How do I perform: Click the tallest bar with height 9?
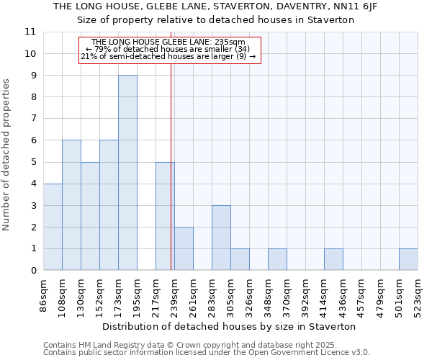(127, 173)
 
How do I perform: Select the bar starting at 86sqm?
(53, 227)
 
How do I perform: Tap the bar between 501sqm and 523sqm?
(408, 259)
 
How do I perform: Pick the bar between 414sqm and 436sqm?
(333, 259)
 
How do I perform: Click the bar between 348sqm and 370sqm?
(277, 259)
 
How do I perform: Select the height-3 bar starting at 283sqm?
(221, 238)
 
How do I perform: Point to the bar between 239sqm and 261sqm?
(184, 248)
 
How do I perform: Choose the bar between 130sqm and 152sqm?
(90, 216)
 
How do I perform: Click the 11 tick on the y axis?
(30, 32)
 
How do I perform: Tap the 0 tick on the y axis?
(33, 271)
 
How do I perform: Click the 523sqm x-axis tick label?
(418, 294)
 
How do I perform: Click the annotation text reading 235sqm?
(169, 42)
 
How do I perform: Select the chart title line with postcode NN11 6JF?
(215, 6)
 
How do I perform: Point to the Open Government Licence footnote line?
(207, 353)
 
